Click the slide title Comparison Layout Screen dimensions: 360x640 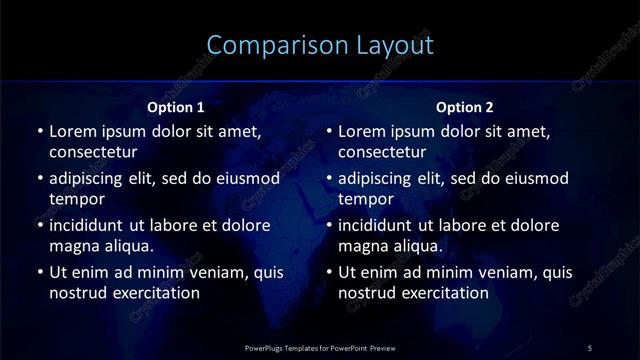[x=320, y=45]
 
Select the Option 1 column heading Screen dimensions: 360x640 [x=176, y=107]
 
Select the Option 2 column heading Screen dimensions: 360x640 [x=465, y=107]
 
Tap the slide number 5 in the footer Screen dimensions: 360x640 [x=590, y=347]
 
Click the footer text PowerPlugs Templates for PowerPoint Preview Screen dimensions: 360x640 [x=320, y=347]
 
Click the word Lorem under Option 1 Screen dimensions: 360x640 [x=73, y=130]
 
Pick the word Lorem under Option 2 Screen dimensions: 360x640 [x=363, y=130]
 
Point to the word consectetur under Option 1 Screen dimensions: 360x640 [x=93, y=152]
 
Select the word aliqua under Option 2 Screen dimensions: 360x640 [x=409, y=246]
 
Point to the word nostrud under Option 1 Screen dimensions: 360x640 [x=77, y=293]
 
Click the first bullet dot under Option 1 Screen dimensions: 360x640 [x=39, y=131]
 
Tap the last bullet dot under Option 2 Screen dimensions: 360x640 [x=329, y=272]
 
